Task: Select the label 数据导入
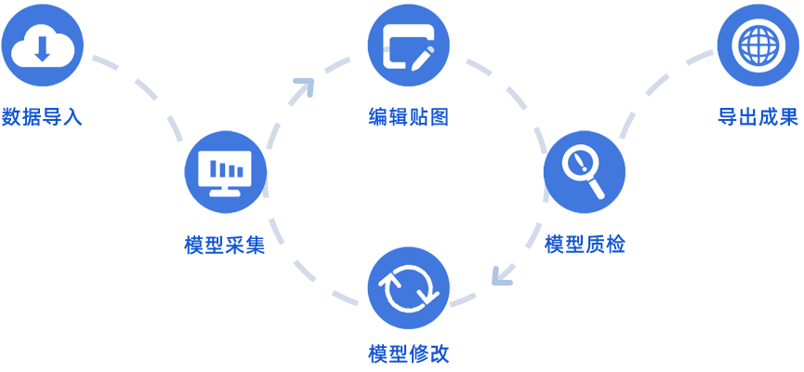coord(42,118)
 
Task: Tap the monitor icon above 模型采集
coord(225,171)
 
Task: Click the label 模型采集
coord(225,246)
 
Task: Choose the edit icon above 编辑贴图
coord(408,44)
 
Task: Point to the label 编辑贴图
coord(408,117)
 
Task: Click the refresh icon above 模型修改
coord(408,287)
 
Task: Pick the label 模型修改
coord(408,354)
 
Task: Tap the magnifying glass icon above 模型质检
coord(584,171)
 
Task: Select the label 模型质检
coord(585,245)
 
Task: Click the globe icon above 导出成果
coord(758,44)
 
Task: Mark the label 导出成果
coord(758,117)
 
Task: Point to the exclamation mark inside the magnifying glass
coord(581,163)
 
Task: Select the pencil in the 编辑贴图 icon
coord(420,52)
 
